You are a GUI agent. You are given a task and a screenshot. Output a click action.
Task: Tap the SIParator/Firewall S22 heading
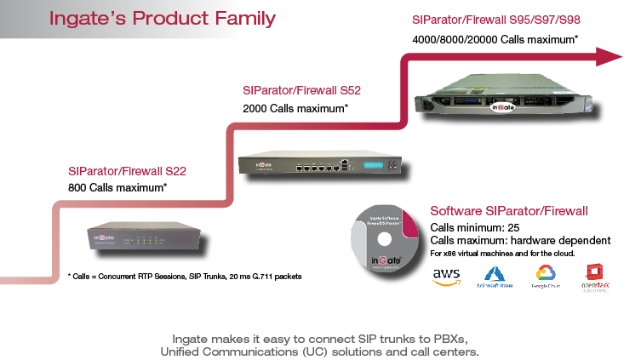coord(127,170)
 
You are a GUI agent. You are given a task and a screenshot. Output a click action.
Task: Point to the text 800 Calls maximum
coord(117,186)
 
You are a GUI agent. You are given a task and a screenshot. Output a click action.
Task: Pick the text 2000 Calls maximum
coord(295,109)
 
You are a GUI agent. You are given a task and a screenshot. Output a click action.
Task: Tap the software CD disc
coord(384,237)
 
